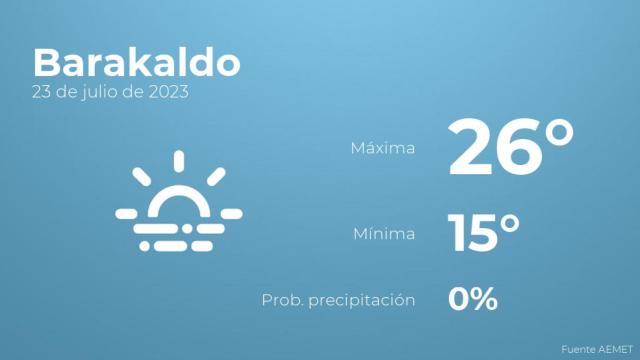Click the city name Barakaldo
tap(136, 62)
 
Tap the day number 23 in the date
tap(43, 93)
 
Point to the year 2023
tap(169, 93)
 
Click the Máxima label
tap(382, 149)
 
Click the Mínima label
tap(385, 234)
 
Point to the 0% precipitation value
tap(472, 298)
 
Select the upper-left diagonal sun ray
tap(143, 176)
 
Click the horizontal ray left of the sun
tap(127, 213)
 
